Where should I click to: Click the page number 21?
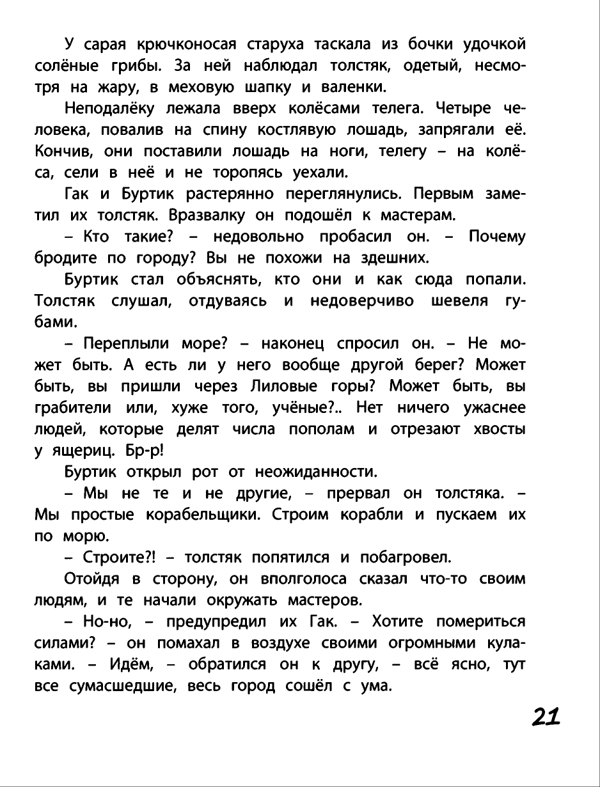point(545,716)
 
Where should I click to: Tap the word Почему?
point(497,237)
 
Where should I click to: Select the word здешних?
point(389,258)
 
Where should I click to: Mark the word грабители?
point(72,408)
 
